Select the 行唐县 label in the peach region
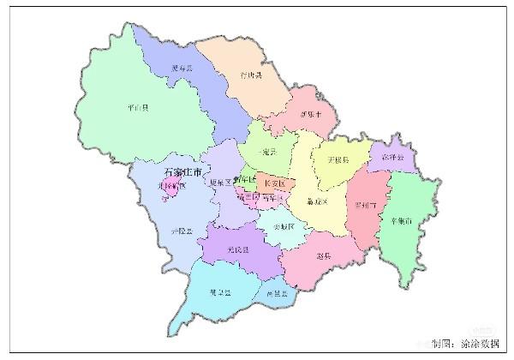click(x=251, y=75)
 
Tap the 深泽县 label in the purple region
click(x=393, y=158)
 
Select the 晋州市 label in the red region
click(x=365, y=205)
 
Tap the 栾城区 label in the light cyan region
click(x=283, y=226)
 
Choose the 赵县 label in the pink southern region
click(x=324, y=256)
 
